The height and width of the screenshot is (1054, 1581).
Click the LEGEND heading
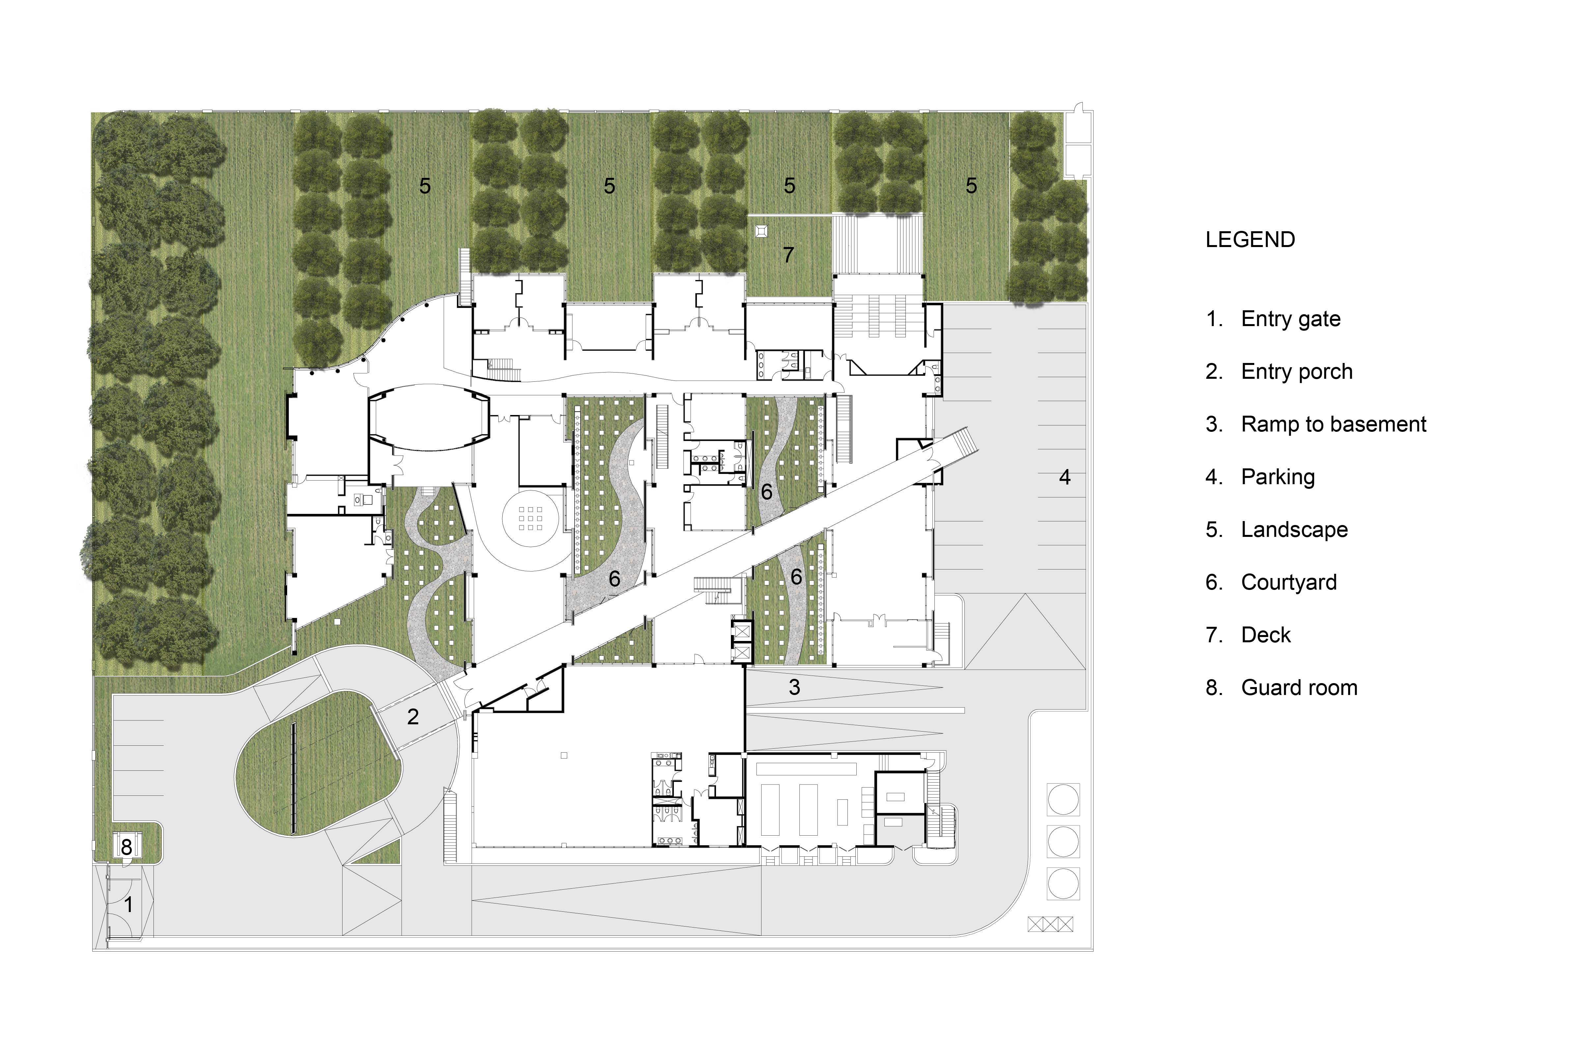1250,240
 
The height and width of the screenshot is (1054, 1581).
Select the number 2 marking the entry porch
413,717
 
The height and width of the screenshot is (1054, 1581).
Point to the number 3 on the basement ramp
794,687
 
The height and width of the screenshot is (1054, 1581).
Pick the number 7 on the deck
789,255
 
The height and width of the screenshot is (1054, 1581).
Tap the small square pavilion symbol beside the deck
762,231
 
